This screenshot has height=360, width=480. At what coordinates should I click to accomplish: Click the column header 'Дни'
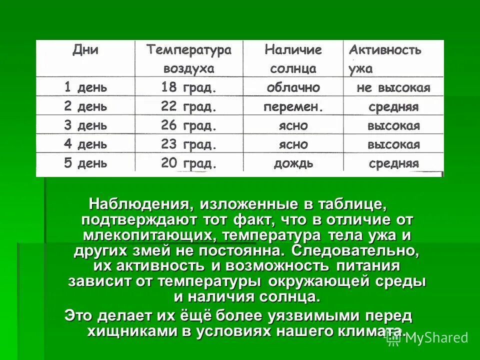(x=85, y=49)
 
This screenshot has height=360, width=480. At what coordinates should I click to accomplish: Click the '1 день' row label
(x=85, y=87)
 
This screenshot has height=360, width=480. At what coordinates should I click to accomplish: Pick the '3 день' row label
(x=85, y=125)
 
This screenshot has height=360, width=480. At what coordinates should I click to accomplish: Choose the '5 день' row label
(x=85, y=163)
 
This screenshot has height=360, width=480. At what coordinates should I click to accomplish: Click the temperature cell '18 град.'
(x=188, y=87)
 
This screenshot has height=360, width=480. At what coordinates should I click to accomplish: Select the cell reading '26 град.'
(x=188, y=125)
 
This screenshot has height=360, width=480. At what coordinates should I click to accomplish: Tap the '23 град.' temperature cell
(x=188, y=144)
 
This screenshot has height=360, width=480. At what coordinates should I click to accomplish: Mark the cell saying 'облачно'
(x=293, y=87)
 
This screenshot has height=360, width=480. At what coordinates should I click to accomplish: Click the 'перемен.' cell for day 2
(x=293, y=106)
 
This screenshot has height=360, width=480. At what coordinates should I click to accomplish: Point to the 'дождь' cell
(x=293, y=163)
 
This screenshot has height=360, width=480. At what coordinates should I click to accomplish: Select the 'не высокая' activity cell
(x=393, y=88)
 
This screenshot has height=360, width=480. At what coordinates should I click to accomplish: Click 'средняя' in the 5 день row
(x=393, y=163)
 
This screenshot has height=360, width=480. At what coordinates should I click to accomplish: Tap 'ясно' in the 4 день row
(x=293, y=144)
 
